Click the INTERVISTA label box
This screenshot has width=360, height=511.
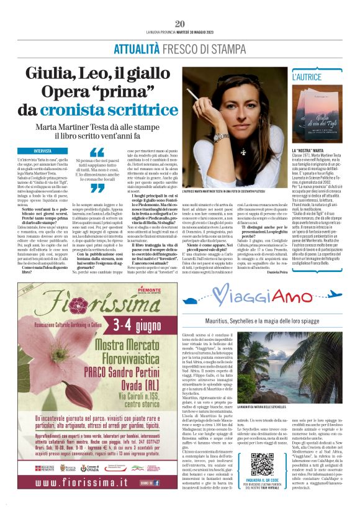(43, 151)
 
